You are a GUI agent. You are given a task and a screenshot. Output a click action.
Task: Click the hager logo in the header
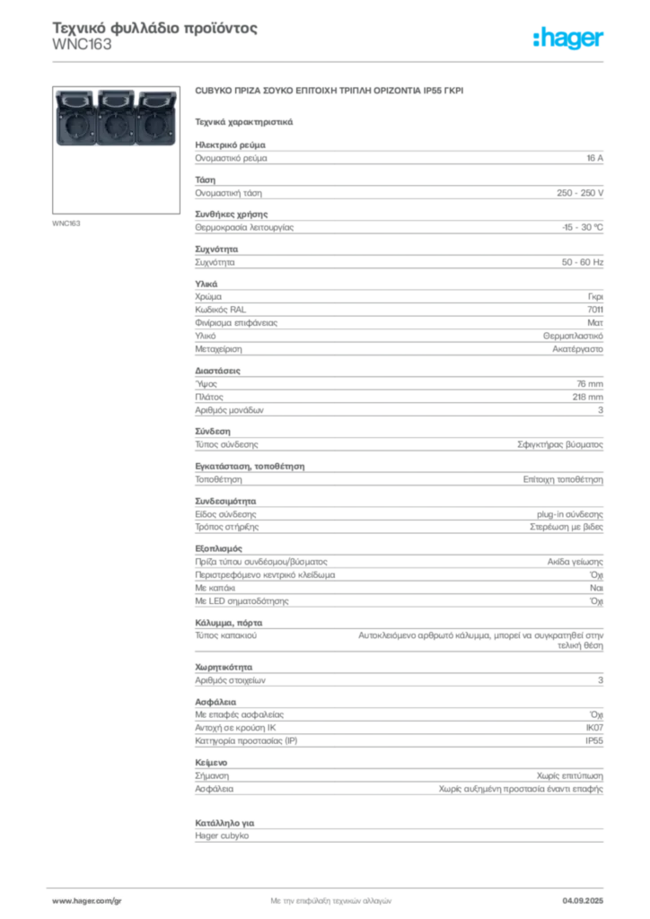click(567, 38)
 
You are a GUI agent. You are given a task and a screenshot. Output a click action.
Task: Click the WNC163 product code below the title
click(82, 45)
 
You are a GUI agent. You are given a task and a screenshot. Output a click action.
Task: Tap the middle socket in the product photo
click(116, 119)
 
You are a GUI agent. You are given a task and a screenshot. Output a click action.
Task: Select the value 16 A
click(594, 158)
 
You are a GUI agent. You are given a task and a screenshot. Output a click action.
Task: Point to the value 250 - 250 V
click(580, 193)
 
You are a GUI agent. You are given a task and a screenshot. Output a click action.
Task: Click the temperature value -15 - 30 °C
click(582, 227)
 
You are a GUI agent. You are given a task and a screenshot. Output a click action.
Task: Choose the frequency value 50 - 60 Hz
click(582, 262)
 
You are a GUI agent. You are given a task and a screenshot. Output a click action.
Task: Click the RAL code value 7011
click(595, 310)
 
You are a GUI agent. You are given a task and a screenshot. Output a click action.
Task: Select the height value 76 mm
click(590, 384)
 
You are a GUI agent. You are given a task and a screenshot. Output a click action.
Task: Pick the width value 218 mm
click(587, 397)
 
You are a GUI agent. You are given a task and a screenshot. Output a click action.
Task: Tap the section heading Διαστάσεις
click(217, 371)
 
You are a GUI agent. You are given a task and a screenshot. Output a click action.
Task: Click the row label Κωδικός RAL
click(220, 310)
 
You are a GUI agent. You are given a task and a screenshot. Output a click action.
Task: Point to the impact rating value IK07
click(594, 728)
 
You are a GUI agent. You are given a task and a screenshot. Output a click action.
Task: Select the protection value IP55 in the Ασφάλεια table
click(594, 740)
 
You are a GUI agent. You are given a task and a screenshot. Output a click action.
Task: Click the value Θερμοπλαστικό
click(573, 336)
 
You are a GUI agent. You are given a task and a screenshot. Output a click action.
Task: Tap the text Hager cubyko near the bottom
click(222, 836)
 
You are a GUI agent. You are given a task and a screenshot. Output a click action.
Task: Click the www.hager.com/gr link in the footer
click(87, 901)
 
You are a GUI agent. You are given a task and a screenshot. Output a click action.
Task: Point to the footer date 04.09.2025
click(583, 901)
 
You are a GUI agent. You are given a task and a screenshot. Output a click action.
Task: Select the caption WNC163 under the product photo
click(66, 223)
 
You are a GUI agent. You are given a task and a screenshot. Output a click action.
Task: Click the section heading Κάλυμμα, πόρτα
click(229, 623)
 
